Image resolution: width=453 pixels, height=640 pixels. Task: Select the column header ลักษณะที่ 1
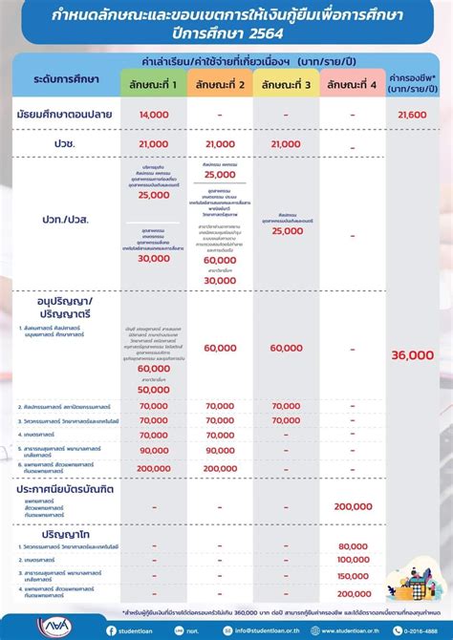[153, 85]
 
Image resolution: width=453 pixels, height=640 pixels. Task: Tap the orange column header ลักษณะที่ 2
[220, 85]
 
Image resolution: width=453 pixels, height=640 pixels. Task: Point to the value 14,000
[153, 114]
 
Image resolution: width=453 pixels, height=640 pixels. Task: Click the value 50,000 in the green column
[153, 390]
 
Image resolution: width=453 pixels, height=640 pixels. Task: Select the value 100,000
[353, 560]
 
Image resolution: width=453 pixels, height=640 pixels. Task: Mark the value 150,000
[353, 576]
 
